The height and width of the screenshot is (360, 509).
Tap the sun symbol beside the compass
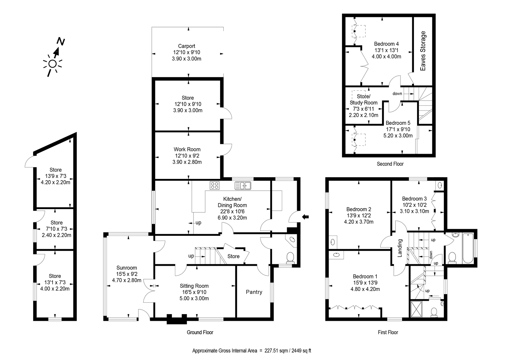pyautogui.click(x=52, y=64)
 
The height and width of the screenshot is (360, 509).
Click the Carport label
pyautogui.click(x=186, y=46)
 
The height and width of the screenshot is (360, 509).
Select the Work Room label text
pyautogui.click(x=187, y=149)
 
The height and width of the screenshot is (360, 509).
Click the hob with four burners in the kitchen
pyautogui.click(x=214, y=185)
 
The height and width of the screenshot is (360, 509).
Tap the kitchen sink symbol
pyautogui.click(x=243, y=186)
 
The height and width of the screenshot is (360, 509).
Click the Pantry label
pyautogui.click(x=254, y=292)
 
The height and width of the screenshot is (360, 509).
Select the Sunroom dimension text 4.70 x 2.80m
pyautogui.click(x=127, y=280)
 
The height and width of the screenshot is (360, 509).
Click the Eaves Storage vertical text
pyautogui.click(x=423, y=51)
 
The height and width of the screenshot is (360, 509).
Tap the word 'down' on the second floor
pyautogui.click(x=397, y=94)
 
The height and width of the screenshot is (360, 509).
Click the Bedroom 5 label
pyautogui.click(x=398, y=123)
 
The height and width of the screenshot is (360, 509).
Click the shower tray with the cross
pyautogui.click(x=416, y=309)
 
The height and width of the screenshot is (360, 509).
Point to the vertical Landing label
pyautogui.click(x=400, y=248)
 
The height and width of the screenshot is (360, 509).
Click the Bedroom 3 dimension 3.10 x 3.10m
pyautogui.click(x=415, y=211)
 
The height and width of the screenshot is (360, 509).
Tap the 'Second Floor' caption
pyautogui.click(x=390, y=164)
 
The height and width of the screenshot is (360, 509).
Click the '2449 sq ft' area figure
pyautogui.click(x=301, y=351)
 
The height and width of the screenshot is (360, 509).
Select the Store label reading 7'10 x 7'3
pyautogui.click(x=57, y=229)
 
